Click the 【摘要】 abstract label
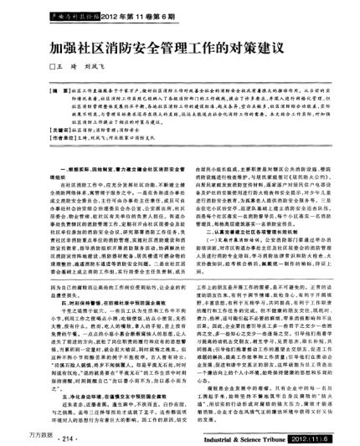click(x=60, y=87)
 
